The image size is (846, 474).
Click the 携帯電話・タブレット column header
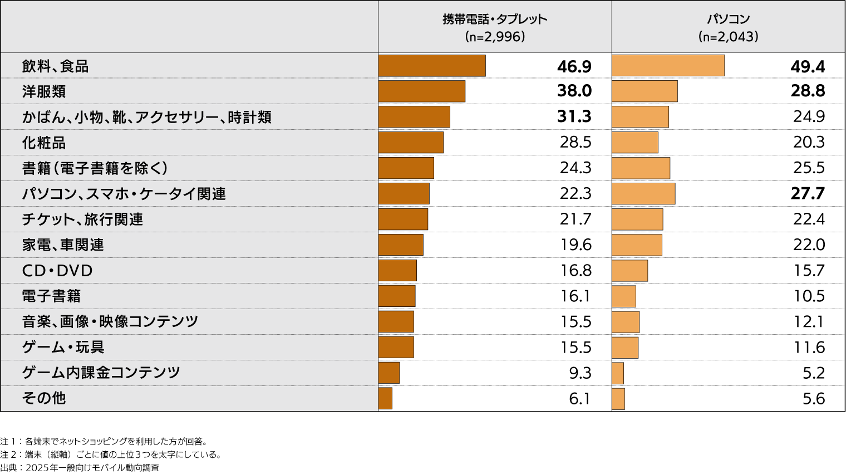pos(495,19)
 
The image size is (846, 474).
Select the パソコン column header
pos(728,19)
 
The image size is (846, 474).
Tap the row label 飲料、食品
pos(55,66)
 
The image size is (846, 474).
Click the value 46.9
pos(574,67)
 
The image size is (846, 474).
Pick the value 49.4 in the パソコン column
pos(808,67)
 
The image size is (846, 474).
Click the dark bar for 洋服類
pos(421,91)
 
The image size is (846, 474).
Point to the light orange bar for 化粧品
pos(634,143)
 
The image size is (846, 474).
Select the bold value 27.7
pos(808,194)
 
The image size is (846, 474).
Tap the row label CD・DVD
pos(57,271)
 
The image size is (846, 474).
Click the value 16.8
pos(576,271)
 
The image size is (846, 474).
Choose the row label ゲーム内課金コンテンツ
pos(101,373)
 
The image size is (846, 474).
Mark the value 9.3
pos(580,373)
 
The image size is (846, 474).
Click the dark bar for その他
pos(385,398)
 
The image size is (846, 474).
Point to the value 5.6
pos(813,399)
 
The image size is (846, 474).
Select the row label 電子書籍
pos(51,296)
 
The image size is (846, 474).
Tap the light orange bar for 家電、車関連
pos(637,245)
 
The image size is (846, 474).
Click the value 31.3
pos(574,117)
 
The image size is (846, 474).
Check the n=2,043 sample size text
pos(728,37)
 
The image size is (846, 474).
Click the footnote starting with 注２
pos(111,455)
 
